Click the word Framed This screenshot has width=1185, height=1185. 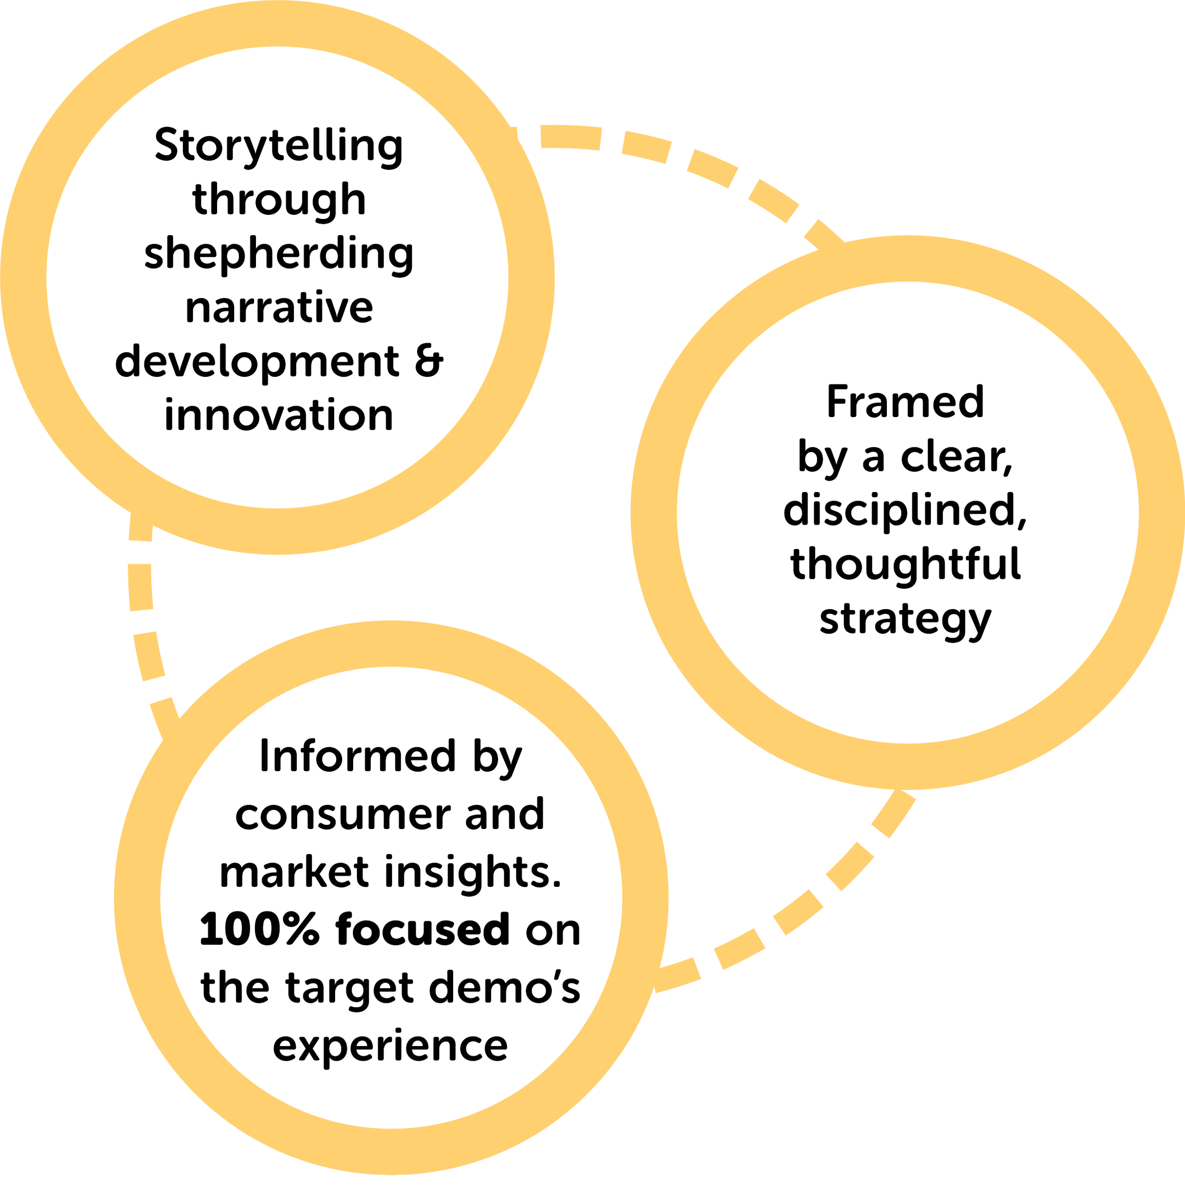[905, 402]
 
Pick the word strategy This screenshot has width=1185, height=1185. [905, 620]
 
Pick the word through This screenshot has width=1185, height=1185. [279, 200]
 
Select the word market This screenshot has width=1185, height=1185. [295, 872]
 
